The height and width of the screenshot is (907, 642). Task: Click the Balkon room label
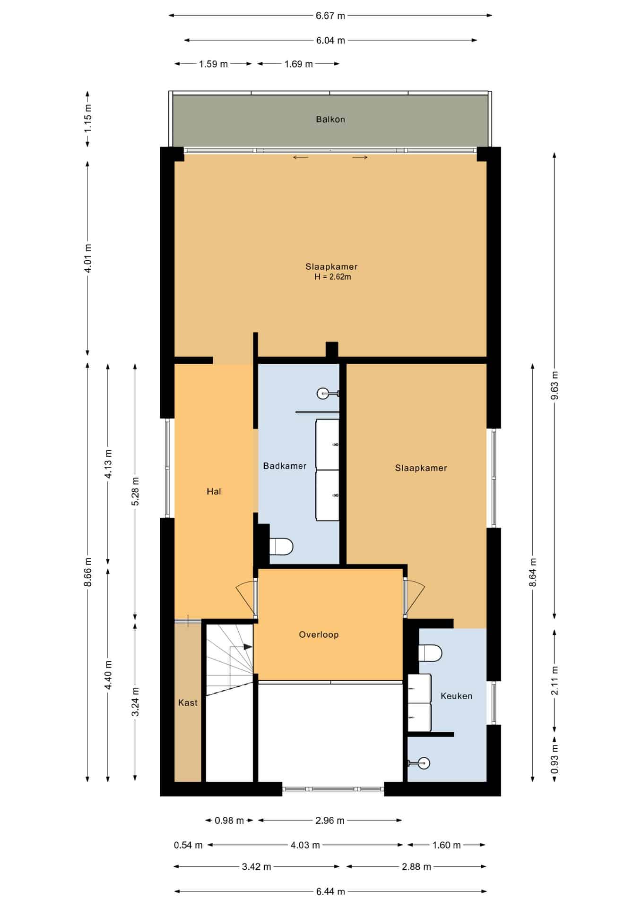330,120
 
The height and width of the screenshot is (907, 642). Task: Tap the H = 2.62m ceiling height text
333,277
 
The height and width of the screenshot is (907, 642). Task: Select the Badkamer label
285,466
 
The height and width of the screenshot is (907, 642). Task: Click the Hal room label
214,491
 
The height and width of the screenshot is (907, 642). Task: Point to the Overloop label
319,634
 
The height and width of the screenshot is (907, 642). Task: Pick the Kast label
188,702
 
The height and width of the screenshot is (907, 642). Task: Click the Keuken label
456,696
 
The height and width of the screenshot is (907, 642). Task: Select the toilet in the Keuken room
430,654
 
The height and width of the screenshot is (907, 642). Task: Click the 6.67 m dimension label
330,16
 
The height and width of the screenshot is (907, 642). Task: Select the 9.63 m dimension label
555,385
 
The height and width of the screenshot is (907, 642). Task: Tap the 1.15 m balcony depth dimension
87,119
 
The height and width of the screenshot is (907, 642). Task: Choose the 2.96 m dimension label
330,820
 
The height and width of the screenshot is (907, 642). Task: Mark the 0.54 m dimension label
188,845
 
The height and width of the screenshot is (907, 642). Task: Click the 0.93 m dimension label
555,759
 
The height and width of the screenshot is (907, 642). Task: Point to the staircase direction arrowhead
248,647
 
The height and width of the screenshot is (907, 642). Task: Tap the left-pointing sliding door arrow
301,157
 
